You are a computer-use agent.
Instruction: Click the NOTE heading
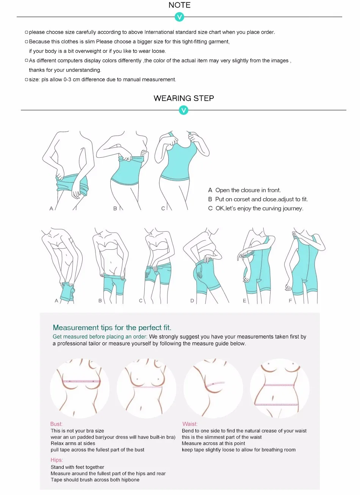180,5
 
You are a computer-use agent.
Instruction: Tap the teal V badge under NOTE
180,17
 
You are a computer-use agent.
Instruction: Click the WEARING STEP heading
184,98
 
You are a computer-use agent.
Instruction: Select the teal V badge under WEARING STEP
183,110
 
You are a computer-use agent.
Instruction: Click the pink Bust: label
56,424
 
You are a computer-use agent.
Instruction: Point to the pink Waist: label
190,424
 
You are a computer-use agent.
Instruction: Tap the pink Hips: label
57,460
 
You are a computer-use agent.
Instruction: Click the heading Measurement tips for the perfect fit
112,327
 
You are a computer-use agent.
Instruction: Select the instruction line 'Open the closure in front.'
248,190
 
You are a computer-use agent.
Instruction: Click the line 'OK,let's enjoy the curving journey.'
259,208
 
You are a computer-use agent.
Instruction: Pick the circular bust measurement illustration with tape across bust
80,388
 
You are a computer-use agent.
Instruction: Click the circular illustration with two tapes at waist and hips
280,388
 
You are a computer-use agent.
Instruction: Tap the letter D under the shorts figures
192,301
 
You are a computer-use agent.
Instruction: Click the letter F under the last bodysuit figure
290,301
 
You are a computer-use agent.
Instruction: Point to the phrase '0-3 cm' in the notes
70,80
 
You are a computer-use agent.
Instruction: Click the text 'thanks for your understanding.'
65,70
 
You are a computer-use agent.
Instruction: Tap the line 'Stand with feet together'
77,467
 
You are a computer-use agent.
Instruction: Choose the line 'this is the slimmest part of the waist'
222,437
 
